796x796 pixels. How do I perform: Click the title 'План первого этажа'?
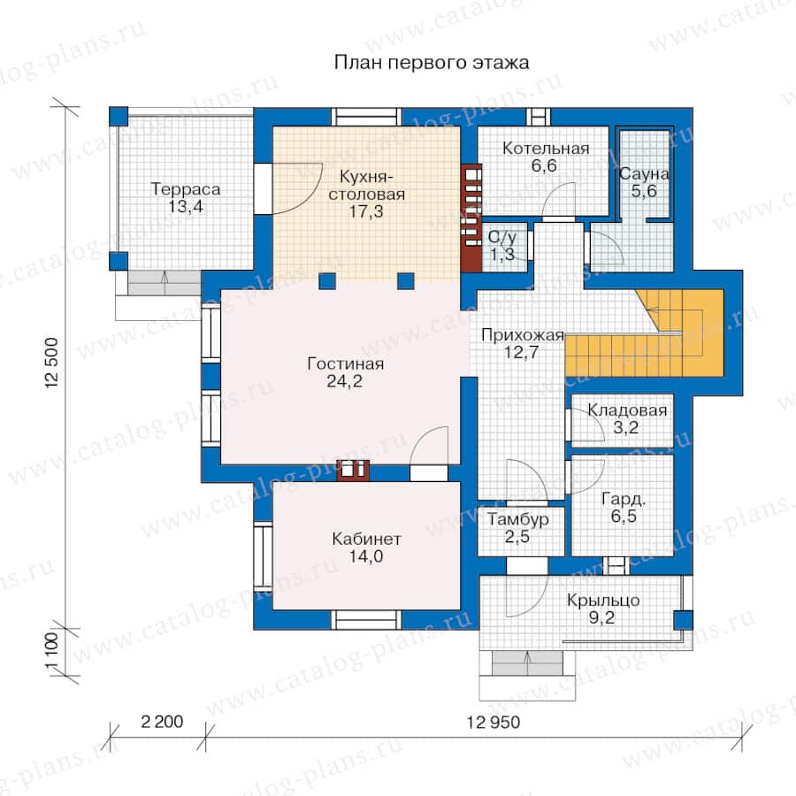pyautogui.click(x=432, y=63)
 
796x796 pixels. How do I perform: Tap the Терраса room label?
pyautogui.click(x=186, y=189)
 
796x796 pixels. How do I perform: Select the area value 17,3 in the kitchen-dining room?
pyautogui.click(x=366, y=211)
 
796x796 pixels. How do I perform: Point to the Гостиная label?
pyautogui.click(x=345, y=364)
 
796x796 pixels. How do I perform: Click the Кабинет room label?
pyautogui.click(x=366, y=539)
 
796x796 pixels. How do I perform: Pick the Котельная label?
pyautogui.click(x=546, y=149)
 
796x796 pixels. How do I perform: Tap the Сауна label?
pyautogui.click(x=644, y=174)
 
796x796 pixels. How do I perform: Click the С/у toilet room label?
pyautogui.click(x=502, y=237)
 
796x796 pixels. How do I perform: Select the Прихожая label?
pyautogui.click(x=523, y=335)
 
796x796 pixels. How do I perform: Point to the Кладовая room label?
pyautogui.click(x=627, y=410)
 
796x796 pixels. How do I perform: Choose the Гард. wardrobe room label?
pyautogui.click(x=624, y=499)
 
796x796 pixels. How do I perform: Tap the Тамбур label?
pyautogui.click(x=518, y=519)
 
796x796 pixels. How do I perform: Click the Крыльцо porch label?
pyautogui.click(x=603, y=600)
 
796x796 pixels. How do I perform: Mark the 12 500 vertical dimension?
pyautogui.click(x=52, y=364)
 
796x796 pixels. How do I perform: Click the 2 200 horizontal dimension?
pyautogui.click(x=162, y=722)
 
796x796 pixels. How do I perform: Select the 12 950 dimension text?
pyautogui.click(x=494, y=722)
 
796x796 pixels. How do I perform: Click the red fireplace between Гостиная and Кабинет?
pyautogui.click(x=353, y=471)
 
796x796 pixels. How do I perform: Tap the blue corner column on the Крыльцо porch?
pyautogui.click(x=683, y=620)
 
